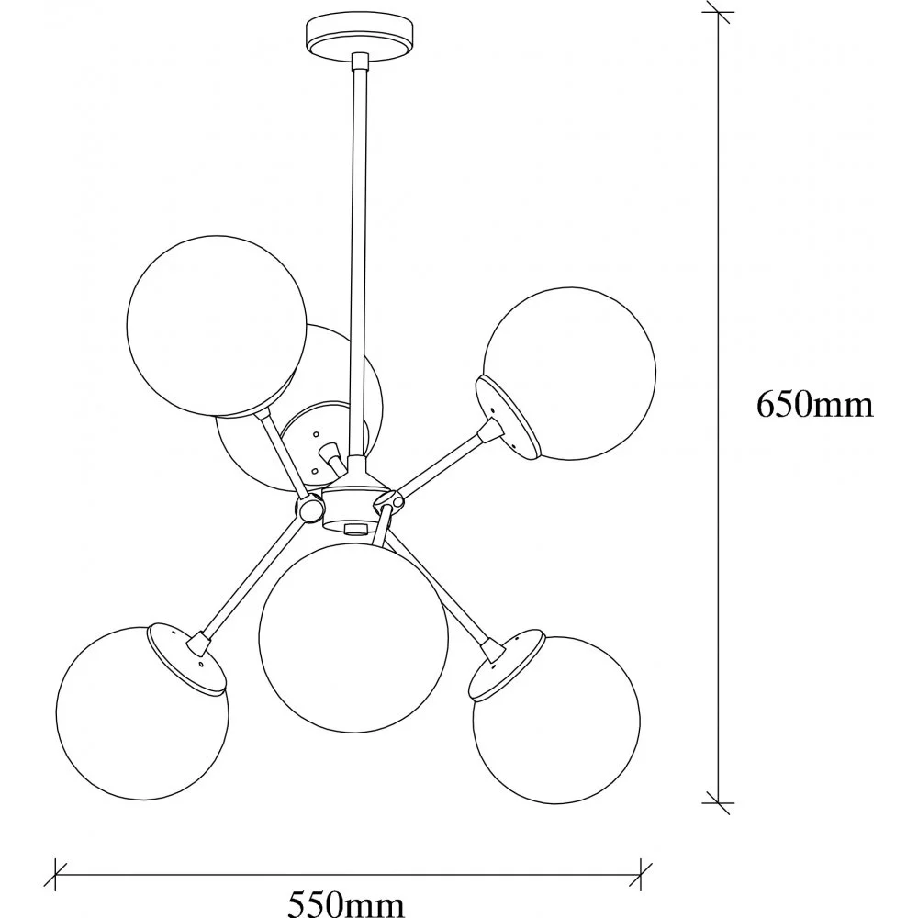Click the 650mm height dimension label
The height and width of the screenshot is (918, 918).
click(814, 405)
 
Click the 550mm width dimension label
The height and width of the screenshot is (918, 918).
click(346, 904)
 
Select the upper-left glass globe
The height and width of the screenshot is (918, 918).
click(217, 326)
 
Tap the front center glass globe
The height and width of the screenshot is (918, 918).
click(353, 638)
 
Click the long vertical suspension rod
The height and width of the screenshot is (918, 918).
click(359, 258)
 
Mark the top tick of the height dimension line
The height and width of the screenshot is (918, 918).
click(719, 12)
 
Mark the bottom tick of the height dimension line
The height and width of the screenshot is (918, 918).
click(719, 803)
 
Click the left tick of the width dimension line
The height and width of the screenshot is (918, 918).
click(55, 875)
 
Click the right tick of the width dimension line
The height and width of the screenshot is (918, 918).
click(641, 875)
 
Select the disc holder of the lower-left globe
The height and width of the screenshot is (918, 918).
click(186, 658)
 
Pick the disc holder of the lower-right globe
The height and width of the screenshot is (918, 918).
click(508, 665)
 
